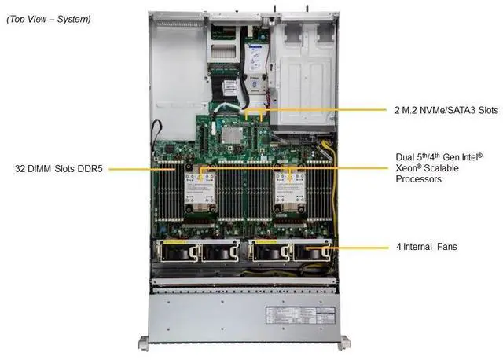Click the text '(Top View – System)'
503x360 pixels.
click(48, 18)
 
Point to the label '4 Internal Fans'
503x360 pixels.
click(426, 247)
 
